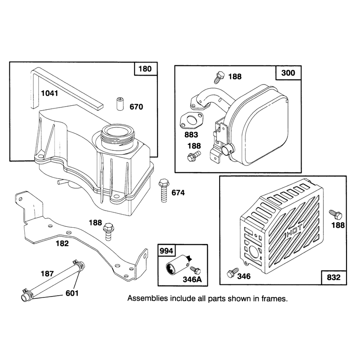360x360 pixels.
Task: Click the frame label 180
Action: pos(145,69)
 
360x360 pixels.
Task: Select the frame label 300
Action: pos(288,73)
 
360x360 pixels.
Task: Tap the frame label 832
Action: pos(333,277)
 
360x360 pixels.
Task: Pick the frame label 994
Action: pos(166,251)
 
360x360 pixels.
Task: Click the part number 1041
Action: pos(49,93)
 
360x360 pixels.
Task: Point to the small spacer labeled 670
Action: pos(119,104)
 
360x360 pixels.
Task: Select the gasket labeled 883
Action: pos(191,121)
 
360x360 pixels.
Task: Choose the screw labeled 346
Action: pos(232,273)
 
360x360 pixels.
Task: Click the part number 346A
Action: pos(192,279)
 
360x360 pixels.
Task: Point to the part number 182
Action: pos(62,243)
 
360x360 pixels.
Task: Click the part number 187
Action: pos(47,274)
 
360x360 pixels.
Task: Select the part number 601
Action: pos(72,293)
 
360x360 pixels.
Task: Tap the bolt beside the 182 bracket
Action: pos(108,231)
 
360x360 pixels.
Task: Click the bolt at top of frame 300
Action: pos(219,77)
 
